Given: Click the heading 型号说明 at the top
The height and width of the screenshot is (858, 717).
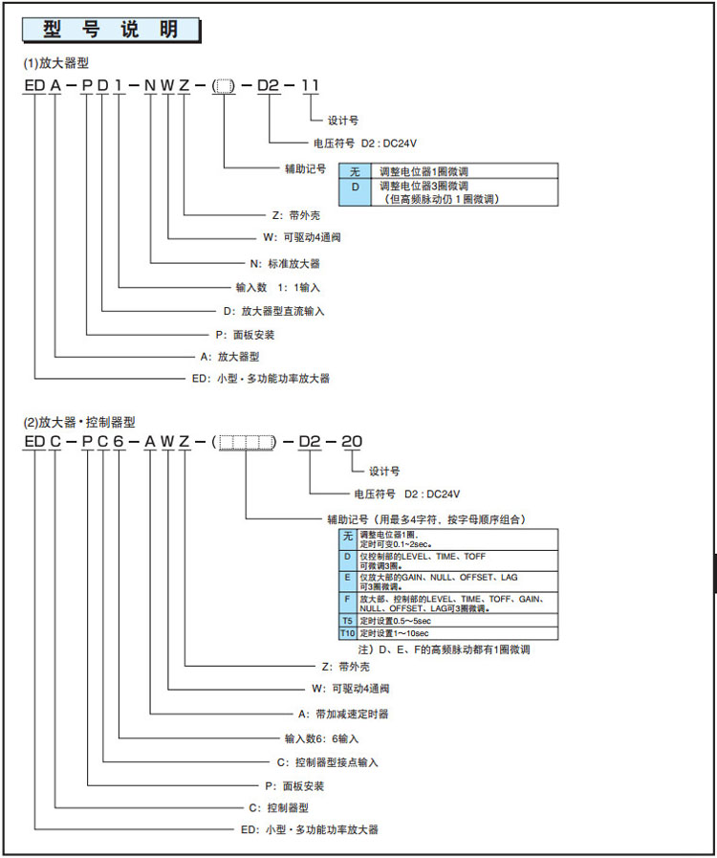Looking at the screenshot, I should [x=111, y=30].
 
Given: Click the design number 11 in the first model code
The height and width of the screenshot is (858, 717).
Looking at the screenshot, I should [x=310, y=86].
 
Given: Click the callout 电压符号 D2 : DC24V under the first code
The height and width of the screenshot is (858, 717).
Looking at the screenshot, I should [x=365, y=143].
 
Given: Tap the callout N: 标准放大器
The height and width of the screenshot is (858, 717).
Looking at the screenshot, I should [x=285, y=262].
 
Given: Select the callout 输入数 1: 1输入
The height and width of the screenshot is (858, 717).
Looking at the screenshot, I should [x=278, y=286].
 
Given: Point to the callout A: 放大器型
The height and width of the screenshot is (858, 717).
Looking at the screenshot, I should [x=226, y=355].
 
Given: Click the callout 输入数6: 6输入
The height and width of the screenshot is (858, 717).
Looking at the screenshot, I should [x=321, y=737].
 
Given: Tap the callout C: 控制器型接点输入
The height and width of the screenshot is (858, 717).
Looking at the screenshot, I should [x=328, y=761].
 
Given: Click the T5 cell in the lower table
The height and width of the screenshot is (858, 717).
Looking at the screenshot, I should [x=347, y=621].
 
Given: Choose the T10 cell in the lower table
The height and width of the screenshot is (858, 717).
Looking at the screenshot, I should [x=347, y=633].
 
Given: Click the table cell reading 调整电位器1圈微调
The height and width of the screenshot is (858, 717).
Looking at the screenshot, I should [x=424, y=170].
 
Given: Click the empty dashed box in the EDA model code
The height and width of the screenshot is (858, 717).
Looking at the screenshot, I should [x=223, y=87].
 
